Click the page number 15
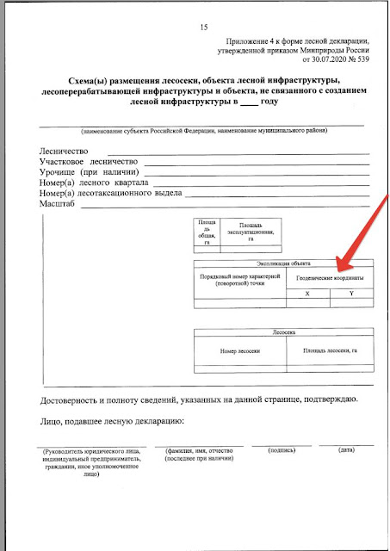click(204, 28)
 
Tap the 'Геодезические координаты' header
click(331, 279)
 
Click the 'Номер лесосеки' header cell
click(240, 352)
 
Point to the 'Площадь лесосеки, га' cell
click(330, 352)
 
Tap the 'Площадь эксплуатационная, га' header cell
click(251, 229)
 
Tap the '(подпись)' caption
click(281, 450)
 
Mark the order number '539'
click(361, 61)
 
